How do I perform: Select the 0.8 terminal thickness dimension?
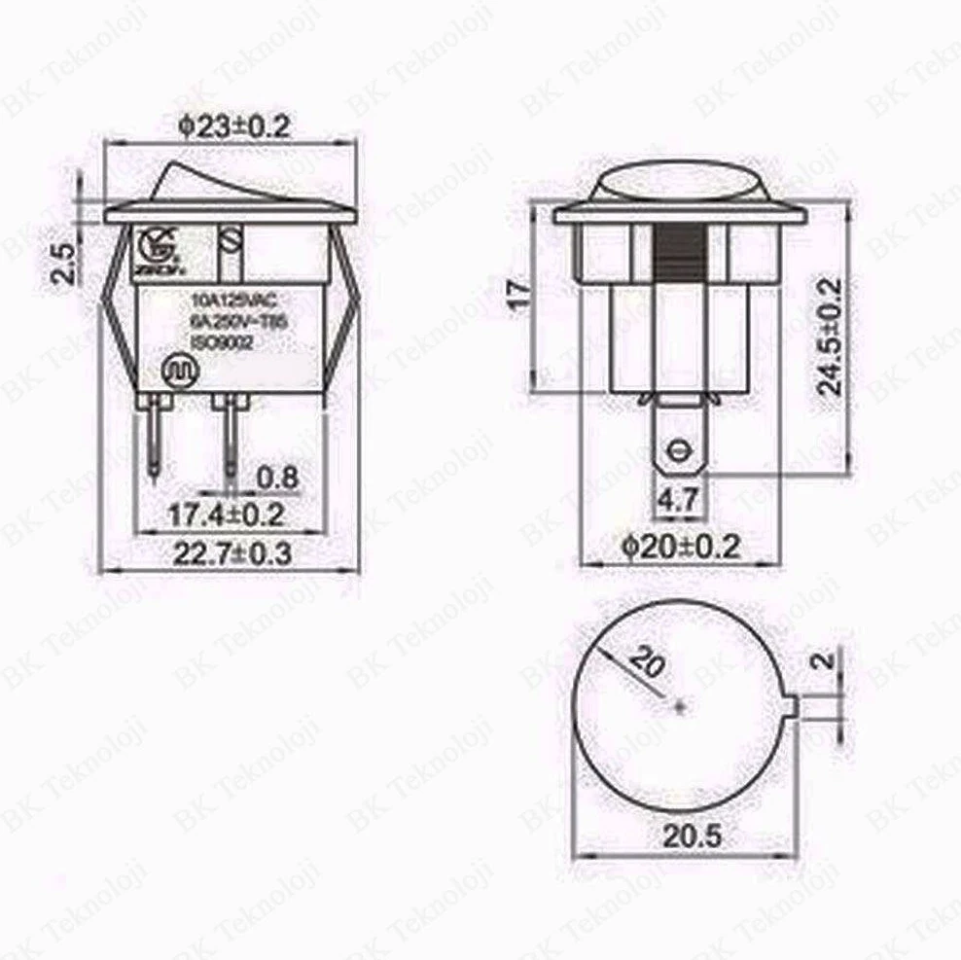pos(277,478)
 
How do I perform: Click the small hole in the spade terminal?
pos(677,450)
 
